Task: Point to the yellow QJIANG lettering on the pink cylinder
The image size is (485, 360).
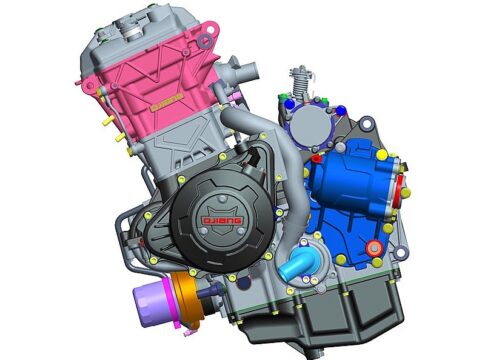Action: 167,102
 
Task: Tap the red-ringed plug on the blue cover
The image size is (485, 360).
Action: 373,247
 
